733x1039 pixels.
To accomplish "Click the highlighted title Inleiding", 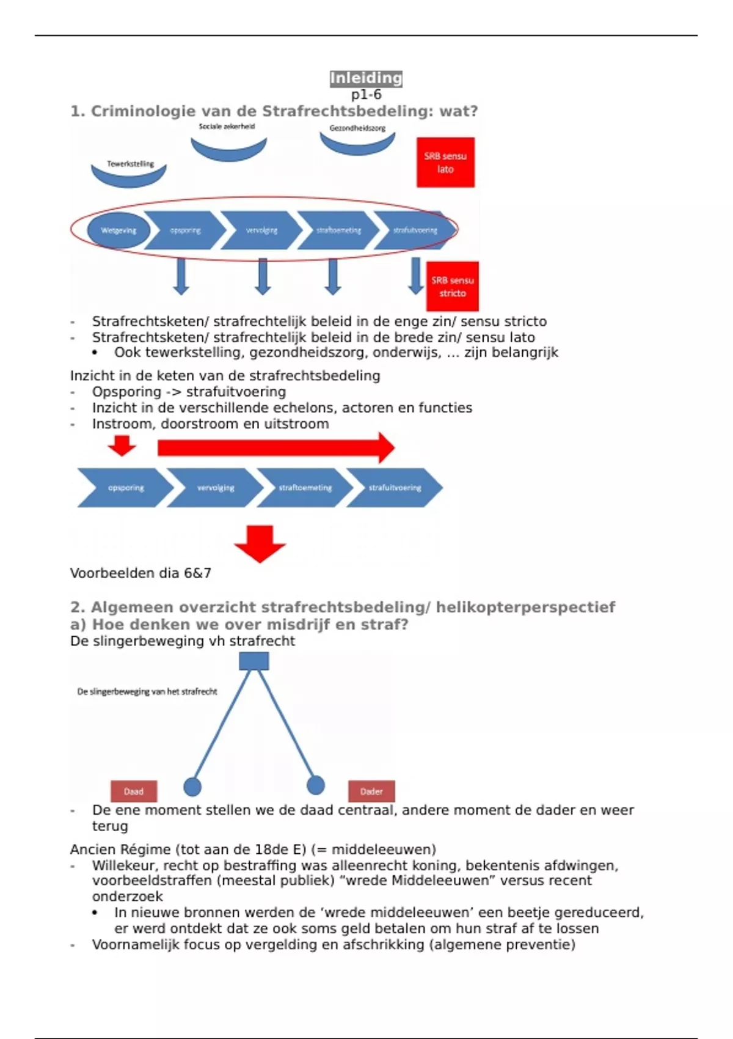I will click(366, 78).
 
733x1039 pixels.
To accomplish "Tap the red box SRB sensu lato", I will click(445, 163).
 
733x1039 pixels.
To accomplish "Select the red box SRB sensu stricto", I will click(453, 287).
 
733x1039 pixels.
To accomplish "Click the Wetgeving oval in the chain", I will click(119, 230).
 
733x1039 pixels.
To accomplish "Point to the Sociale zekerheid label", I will click(227, 127).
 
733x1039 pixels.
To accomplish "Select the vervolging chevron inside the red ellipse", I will click(261, 230).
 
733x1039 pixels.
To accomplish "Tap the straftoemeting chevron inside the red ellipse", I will click(338, 230).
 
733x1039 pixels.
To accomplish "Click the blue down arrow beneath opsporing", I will click(181, 276).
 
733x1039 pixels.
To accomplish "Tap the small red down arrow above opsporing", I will click(122, 446).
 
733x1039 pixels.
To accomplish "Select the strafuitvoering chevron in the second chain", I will click(395, 488).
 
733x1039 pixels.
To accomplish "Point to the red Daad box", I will click(134, 791).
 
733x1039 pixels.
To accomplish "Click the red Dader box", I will click(371, 791).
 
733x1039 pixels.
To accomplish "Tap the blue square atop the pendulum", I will click(253, 661).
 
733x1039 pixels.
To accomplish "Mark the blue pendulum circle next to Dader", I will click(316, 785).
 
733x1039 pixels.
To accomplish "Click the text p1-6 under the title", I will click(366, 95).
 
